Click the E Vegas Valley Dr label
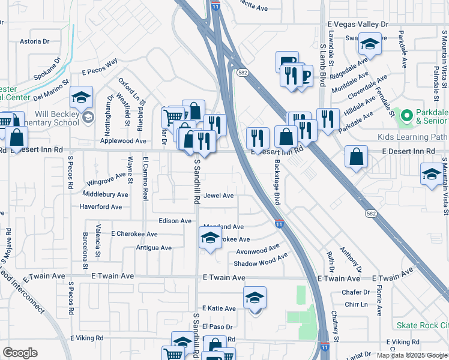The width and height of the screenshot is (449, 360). [x=358, y=23]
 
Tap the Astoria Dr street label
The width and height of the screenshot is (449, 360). [x=34, y=41]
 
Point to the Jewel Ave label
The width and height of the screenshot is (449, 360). [x=218, y=196]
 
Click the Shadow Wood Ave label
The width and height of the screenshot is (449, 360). [x=261, y=259]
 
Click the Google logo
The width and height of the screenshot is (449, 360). [x=20, y=353]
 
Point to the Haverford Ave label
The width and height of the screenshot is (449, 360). [x=100, y=207]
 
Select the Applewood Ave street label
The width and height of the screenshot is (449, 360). [x=123, y=141]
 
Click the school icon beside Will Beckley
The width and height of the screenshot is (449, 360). [x=82, y=97]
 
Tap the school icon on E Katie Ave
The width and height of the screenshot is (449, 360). [x=255, y=298]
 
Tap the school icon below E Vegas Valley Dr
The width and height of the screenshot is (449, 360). [x=370, y=44]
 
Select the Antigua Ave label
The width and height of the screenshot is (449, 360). [x=153, y=247]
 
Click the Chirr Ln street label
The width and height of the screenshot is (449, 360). [x=356, y=305]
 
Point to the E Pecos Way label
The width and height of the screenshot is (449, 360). [x=100, y=66]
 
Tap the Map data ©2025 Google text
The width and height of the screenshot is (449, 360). [x=411, y=355]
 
